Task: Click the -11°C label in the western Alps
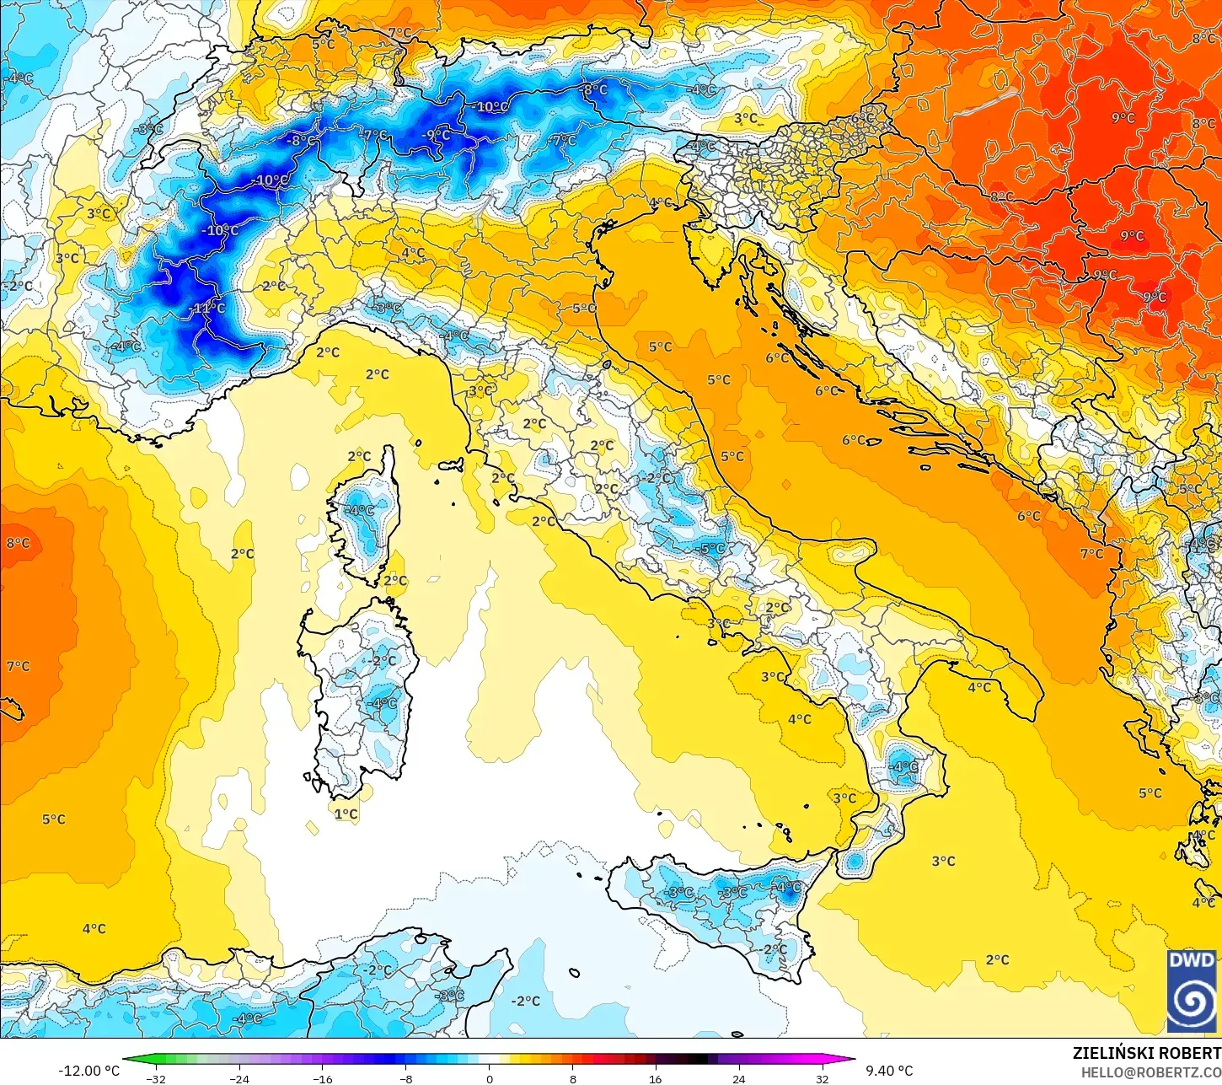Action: point(208,309)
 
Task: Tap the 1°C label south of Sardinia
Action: point(346,814)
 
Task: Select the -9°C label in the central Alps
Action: point(437,135)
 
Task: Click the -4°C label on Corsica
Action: point(360,510)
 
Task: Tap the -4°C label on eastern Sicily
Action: point(787,887)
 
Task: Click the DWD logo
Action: point(1192,991)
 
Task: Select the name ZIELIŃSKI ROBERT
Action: point(1146,1053)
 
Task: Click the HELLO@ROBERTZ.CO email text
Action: point(1150,1072)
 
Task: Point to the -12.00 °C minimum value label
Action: point(88,1071)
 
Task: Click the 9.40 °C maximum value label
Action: point(889,1071)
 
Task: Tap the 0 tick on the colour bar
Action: point(489,1078)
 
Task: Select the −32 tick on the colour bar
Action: point(156,1078)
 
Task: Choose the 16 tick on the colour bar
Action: point(656,1078)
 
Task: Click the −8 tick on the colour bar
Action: point(406,1078)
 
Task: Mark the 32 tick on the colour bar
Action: point(822,1078)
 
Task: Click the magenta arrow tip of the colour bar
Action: point(851,1059)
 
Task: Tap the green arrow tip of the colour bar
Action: point(126,1059)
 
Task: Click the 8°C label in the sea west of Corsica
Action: point(18,543)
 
